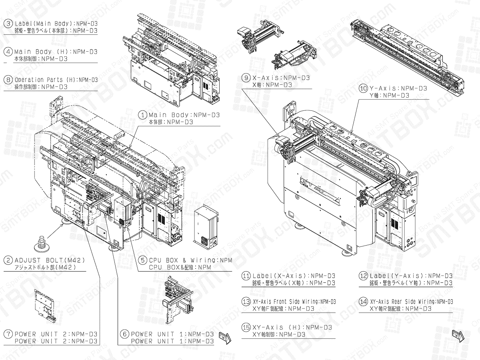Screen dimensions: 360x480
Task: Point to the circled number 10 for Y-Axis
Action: (363, 88)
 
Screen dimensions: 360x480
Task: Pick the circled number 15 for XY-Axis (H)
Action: (246, 327)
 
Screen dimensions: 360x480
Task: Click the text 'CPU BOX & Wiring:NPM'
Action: (190, 260)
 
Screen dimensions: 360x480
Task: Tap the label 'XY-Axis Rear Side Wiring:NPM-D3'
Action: (412, 302)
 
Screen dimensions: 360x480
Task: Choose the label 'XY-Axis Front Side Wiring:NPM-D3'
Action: (294, 302)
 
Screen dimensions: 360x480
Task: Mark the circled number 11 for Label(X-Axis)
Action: (246, 276)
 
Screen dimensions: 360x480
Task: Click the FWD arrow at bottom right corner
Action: (458, 335)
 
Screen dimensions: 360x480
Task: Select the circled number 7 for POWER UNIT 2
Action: (8, 334)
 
